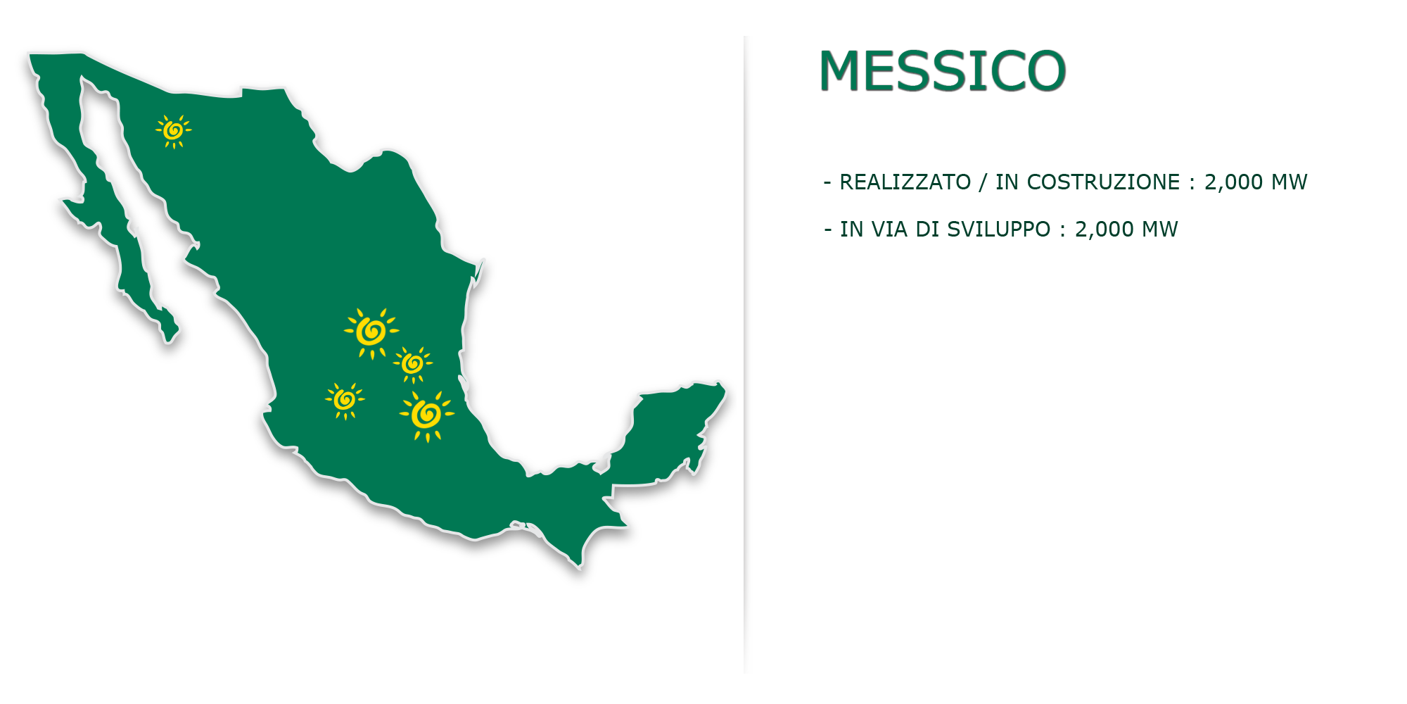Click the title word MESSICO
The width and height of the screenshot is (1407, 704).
pos(943,71)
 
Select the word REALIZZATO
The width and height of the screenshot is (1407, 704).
pos(905,182)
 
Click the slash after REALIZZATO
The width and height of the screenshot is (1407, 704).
pos(983,182)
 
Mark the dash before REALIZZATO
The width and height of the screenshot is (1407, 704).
pos(827,183)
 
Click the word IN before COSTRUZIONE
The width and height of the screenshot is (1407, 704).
pos(1007,182)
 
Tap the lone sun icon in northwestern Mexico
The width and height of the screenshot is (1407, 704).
pos(173,131)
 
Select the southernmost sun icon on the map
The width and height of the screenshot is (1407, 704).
pos(426,415)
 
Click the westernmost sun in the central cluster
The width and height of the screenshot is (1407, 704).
pos(345,401)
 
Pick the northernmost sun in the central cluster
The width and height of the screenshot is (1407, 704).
pos(371,332)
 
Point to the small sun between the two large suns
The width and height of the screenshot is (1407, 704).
pos(413,364)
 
